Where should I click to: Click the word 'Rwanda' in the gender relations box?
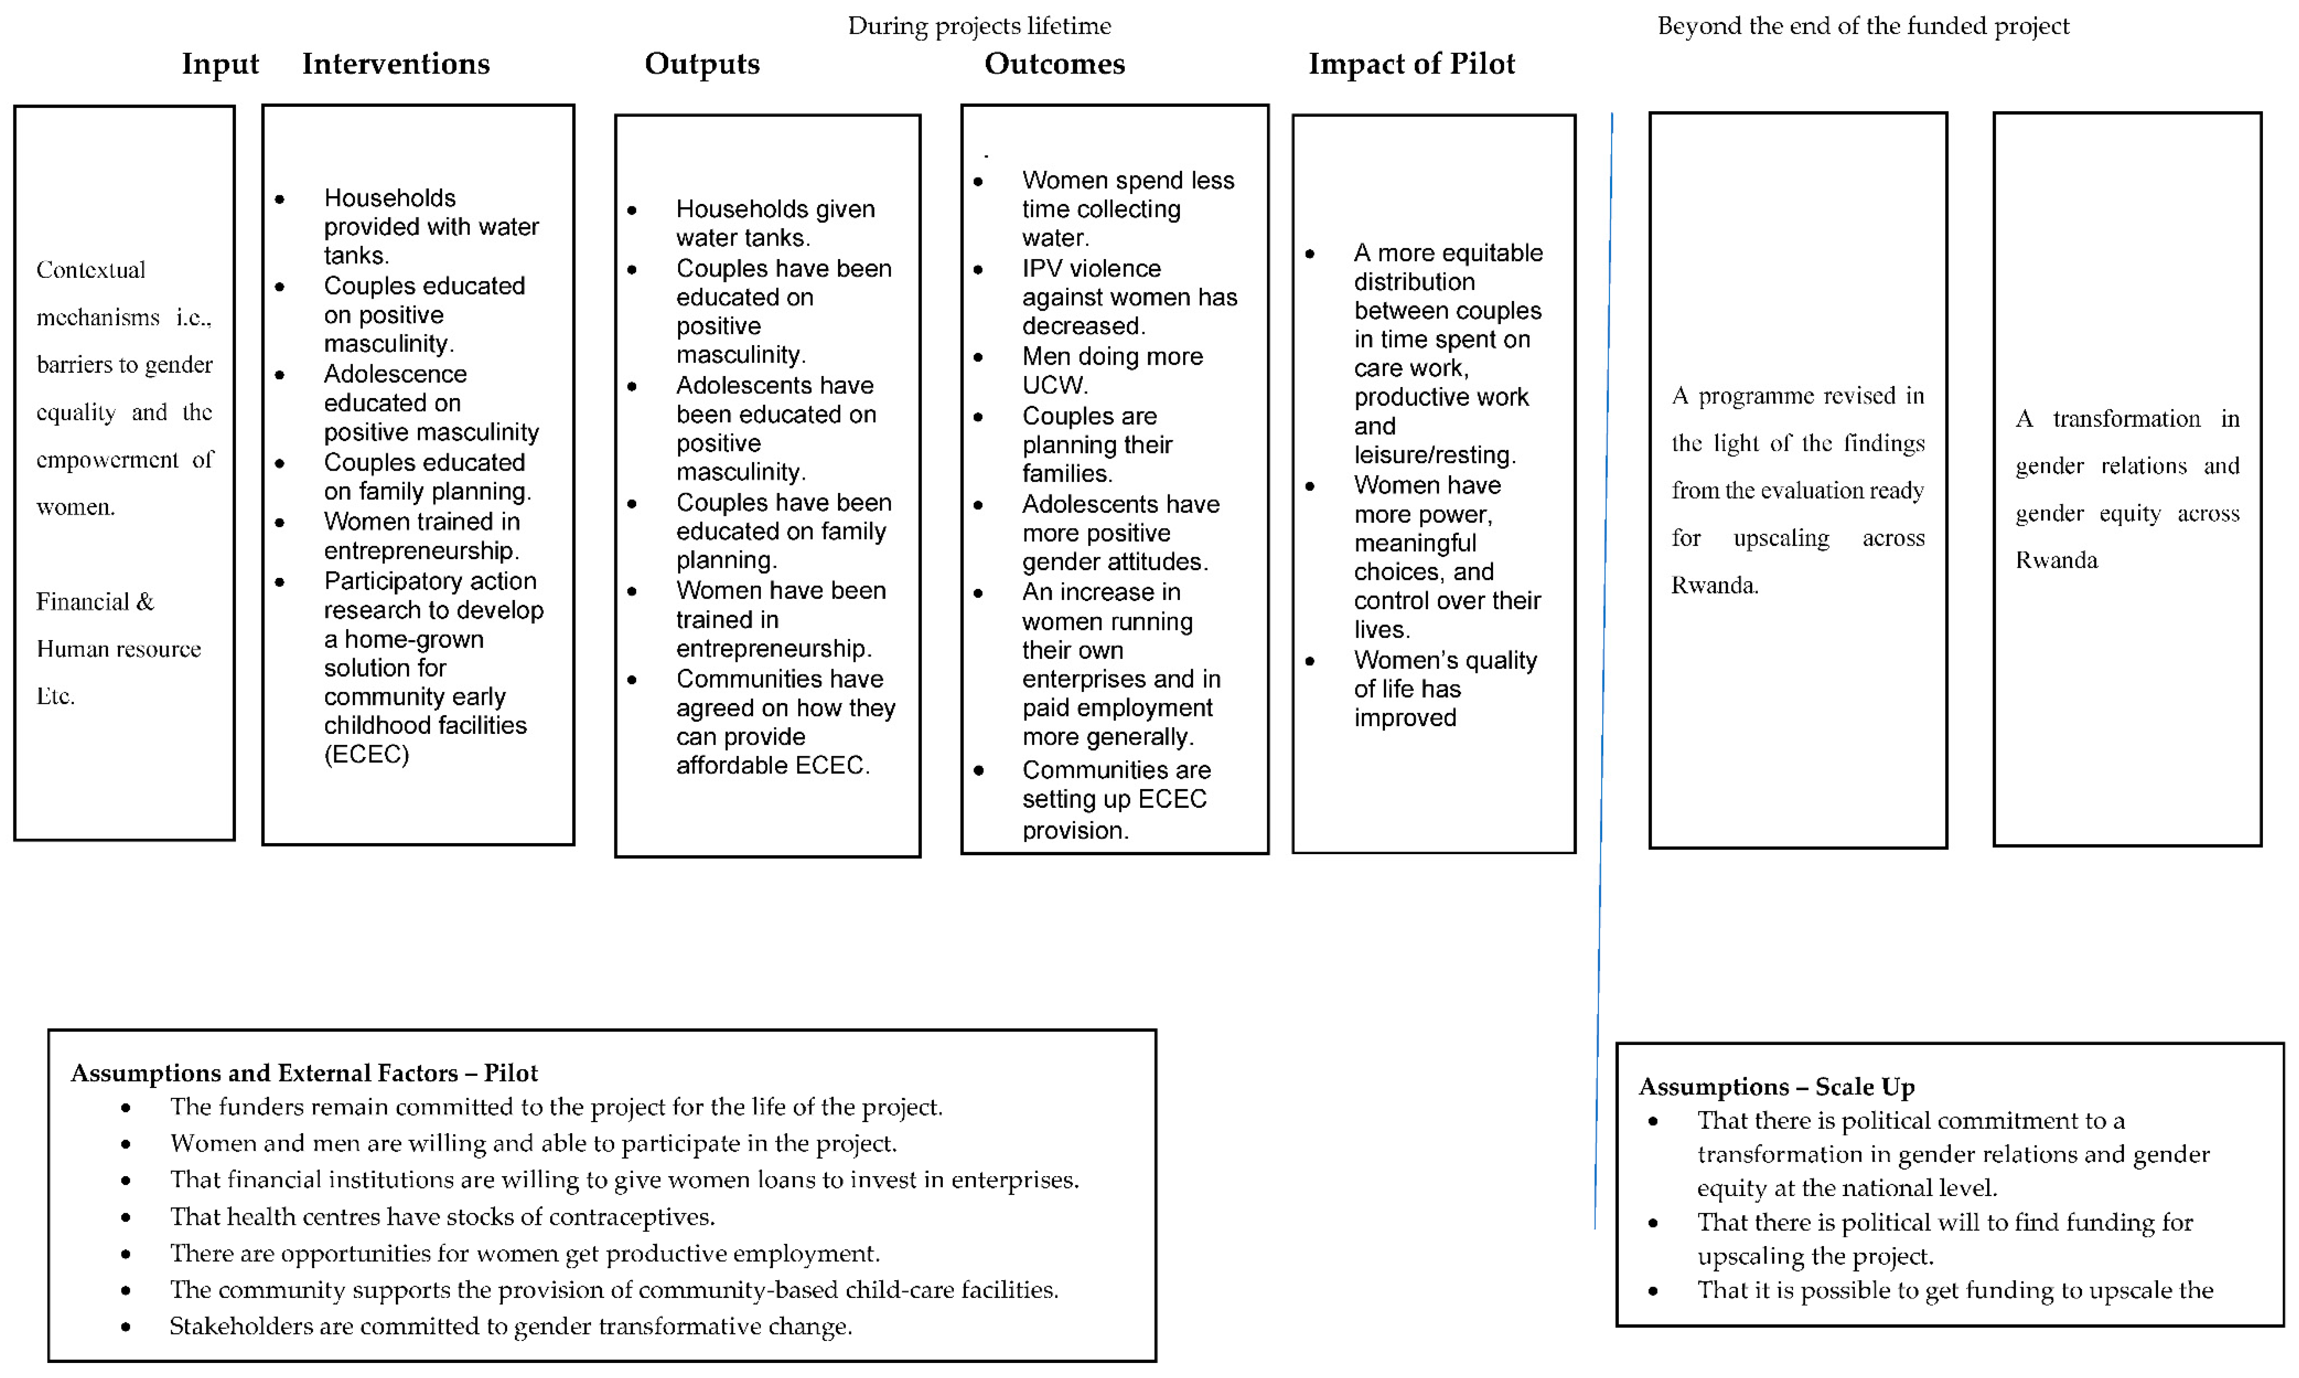click(2056, 560)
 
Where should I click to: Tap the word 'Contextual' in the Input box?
click(91, 270)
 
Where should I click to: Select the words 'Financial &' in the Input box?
click(95, 602)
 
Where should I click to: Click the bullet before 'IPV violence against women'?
click(978, 269)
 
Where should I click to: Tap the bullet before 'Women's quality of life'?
click(1309, 661)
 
